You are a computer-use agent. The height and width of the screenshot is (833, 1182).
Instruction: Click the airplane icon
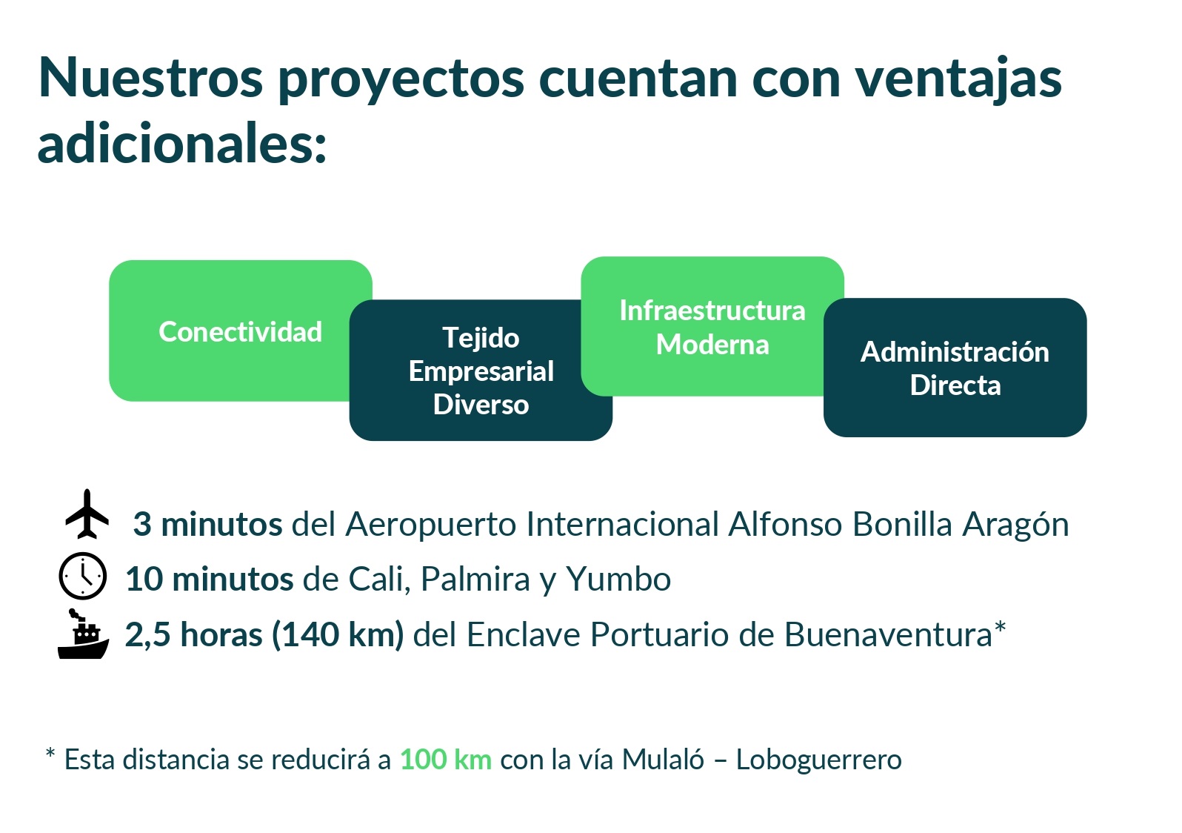pos(87,514)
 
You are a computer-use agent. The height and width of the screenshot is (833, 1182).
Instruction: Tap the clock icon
pos(82,576)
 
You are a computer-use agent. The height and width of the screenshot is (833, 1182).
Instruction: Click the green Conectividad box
pos(240,331)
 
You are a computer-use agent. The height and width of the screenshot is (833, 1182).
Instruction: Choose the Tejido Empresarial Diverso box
pos(481,371)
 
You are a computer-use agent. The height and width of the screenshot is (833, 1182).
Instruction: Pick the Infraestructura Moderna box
pos(712,326)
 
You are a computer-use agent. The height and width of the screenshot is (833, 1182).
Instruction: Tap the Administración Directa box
pos(955,368)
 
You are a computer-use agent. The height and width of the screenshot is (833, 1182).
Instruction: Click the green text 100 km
pos(446,760)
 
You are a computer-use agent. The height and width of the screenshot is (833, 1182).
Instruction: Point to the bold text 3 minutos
pos(207,524)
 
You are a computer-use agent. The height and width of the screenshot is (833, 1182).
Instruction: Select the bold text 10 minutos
pos(210,579)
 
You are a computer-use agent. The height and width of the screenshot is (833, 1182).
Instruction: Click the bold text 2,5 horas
pos(193,634)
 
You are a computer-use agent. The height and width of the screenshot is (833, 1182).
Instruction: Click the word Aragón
pos(1016,525)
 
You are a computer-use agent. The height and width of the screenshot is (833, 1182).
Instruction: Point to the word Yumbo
pos(618,579)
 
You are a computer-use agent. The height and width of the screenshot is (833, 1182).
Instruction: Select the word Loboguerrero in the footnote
pos(819,761)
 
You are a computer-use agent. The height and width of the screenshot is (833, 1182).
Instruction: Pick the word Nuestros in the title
pos(150,79)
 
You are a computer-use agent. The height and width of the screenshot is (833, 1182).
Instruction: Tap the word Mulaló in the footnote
pos(663,760)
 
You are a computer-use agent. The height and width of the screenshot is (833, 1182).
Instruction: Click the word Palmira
pos(475,579)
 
